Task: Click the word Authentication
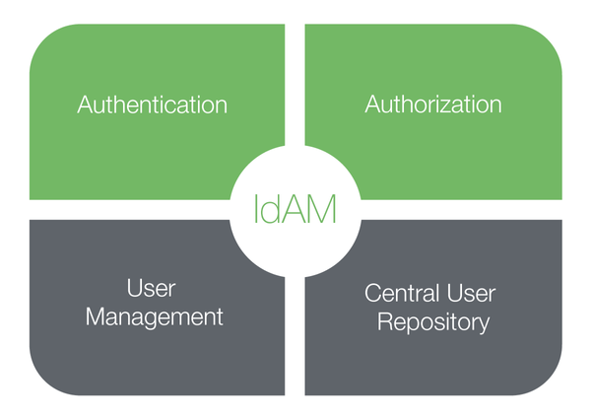click(152, 105)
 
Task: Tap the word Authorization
click(433, 104)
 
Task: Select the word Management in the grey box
click(154, 318)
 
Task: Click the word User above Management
click(152, 289)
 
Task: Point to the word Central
click(400, 294)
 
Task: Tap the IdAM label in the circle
click(295, 208)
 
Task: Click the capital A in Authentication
click(85, 105)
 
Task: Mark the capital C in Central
click(371, 294)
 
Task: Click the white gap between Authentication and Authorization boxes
click(295, 89)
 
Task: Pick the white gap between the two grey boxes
click(295, 325)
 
